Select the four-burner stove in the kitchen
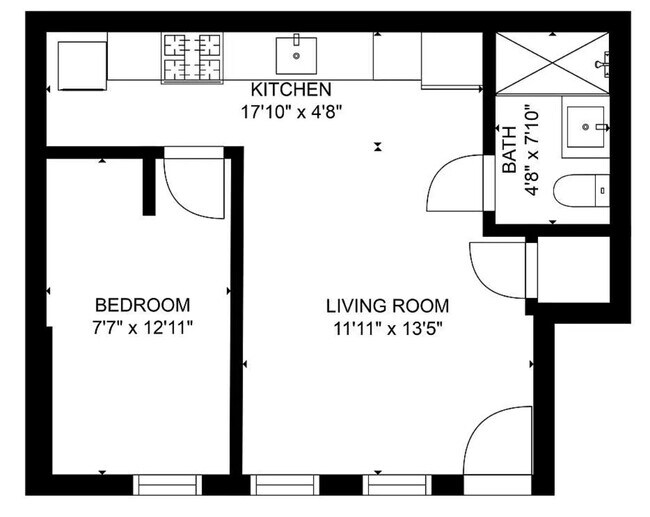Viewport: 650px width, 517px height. click(x=192, y=57)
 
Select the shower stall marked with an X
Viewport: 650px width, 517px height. click(x=551, y=61)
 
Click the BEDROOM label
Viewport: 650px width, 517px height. click(x=142, y=304)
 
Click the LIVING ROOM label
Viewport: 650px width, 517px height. click(x=386, y=306)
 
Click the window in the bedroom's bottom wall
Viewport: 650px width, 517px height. click(x=168, y=485)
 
